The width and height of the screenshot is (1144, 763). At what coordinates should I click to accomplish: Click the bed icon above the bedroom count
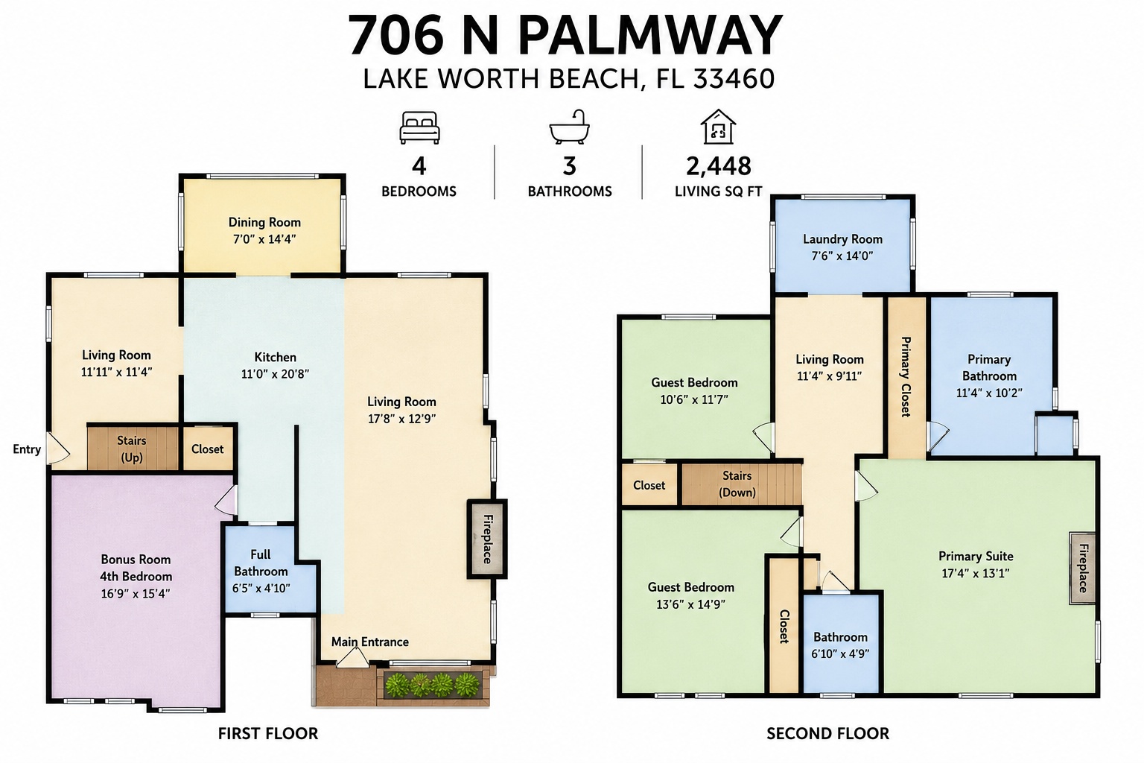pyautogui.click(x=419, y=127)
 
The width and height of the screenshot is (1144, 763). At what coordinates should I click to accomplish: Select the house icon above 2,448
pyautogui.click(x=717, y=126)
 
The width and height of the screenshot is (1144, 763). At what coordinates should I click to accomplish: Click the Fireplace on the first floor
pyautogui.click(x=486, y=539)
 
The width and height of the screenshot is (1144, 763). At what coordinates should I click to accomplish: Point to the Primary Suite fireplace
pyautogui.click(x=1082, y=569)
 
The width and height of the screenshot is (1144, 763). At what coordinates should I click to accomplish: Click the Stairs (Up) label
pyautogui.click(x=132, y=449)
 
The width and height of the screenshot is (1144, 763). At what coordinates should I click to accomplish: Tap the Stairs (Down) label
pyautogui.click(x=737, y=484)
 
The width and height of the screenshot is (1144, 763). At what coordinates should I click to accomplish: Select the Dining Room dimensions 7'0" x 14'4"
pyautogui.click(x=264, y=239)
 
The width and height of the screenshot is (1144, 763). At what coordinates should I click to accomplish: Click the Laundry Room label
pyautogui.click(x=842, y=239)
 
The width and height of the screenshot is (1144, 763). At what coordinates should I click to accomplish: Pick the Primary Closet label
pyautogui.click(x=906, y=376)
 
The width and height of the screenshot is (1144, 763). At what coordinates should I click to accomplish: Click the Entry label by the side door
pyautogui.click(x=27, y=449)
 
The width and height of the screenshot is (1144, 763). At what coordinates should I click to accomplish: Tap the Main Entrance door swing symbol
pyautogui.click(x=352, y=659)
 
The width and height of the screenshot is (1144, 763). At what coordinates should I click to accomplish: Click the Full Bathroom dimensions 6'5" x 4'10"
pyautogui.click(x=261, y=588)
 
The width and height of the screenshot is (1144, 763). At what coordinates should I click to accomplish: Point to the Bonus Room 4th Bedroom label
pyautogui.click(x=136, y=568)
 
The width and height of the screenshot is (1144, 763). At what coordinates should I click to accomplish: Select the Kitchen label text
pyautogui.click(x=276, y=357)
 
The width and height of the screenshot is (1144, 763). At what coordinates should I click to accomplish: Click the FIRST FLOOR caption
pyautogui.click(x=268, y=734)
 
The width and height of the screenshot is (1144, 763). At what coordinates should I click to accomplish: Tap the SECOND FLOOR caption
pyautogui.click(x=828, y=734)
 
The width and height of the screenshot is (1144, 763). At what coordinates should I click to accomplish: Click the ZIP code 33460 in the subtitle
pyautogui.click(x=734, y=79)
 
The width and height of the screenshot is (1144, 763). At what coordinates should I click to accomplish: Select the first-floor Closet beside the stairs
pyautogui.click(x=207, y=449)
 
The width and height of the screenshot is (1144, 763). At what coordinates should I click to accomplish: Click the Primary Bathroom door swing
pyautogui.click(x=938, y=436)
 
